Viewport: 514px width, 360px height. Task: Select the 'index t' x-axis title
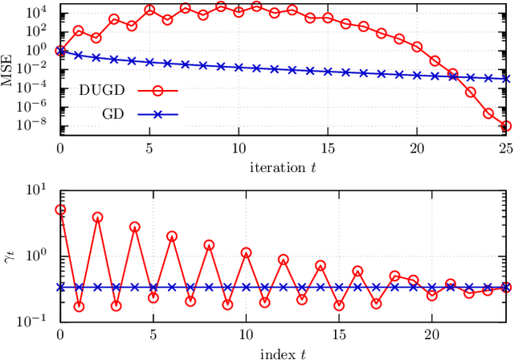pos(284,354)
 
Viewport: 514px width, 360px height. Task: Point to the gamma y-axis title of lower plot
pos(10,256)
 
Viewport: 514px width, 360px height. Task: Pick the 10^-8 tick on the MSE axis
pos(38,124)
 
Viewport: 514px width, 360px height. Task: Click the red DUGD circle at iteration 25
pos(506,125)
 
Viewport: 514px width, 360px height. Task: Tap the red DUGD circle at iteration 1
pos(78,31)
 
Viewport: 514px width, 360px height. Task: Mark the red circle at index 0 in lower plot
pos(60,210)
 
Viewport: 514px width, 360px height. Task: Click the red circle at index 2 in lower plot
pos(97,217)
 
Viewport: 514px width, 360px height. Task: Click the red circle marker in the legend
pos(157,90)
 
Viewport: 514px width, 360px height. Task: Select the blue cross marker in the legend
pos(157,115)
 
